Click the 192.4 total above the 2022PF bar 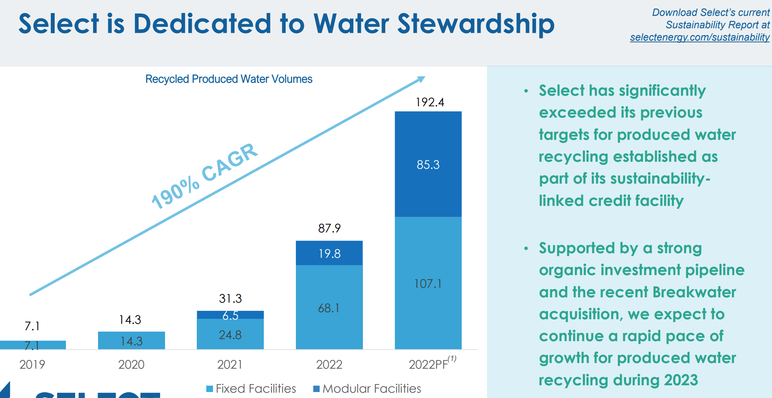coord(430,102)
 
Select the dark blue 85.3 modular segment coord(428,165)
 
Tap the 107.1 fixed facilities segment coord(428,284)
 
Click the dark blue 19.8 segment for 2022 coord(329,254)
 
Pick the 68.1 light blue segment coord(329,308)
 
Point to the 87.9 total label coord(329,228)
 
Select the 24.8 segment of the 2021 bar coord(230,334)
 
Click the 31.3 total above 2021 coord(230,299)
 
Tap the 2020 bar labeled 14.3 coord(131,341)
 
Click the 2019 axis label coord(32,364)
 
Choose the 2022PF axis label coord(428,364)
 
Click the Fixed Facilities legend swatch coord(209,389)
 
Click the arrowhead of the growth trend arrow coord(421,79)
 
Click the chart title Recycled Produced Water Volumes coord(229,79)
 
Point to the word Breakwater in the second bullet coord(694,292)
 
